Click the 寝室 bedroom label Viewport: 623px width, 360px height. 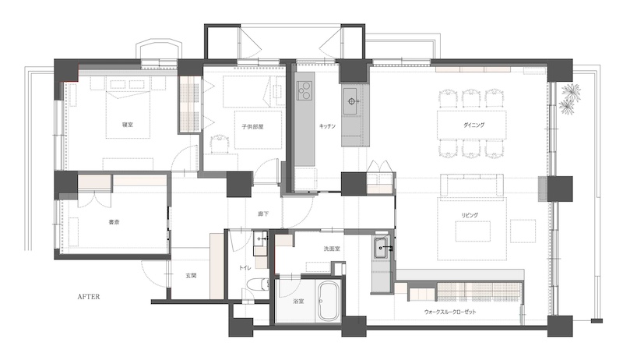point(128,125)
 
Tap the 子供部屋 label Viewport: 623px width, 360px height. point(252,127)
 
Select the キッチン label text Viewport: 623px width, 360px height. point(327,126)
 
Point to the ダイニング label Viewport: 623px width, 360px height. point(473,125)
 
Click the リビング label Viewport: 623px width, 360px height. point(470,215)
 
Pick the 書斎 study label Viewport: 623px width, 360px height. point(114,223)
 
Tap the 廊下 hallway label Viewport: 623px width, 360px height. point(263,214)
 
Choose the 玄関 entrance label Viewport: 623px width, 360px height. point(191,275)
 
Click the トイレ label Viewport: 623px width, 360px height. point(245,268)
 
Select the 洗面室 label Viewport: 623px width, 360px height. point(332,249)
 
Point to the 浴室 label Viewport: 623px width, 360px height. point(298,302)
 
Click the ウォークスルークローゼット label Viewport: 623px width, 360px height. point(450,312)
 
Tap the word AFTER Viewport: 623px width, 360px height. point(89,297)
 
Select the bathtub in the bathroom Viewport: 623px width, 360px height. point(328,302)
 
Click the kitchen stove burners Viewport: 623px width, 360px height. point(304,90)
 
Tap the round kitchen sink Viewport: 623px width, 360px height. point(351,101)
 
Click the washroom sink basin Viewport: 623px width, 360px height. point(382,249)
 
